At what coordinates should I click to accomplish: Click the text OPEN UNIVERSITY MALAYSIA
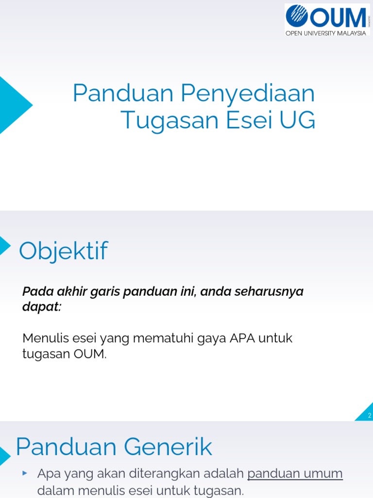(x=325, y=33)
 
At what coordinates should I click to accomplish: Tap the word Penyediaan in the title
(x=248, y=94)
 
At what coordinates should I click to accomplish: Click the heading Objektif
(x=63, y=251)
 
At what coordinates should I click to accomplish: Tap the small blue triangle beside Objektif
(x=4, y=246)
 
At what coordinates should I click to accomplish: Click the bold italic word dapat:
(x=42, y=307)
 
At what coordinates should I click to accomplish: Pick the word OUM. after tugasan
(x=90, y=354)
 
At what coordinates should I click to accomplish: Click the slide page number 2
(x=369, y=415)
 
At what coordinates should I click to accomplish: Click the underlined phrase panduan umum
(x=295, y=473)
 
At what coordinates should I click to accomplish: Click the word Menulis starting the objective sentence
(x=43, y=338)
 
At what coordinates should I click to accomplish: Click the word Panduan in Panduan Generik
(x=64, y=446)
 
